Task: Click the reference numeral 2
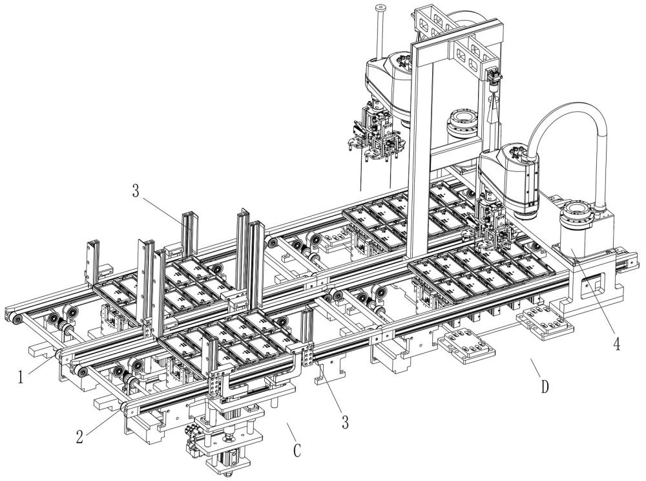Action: (80, 436)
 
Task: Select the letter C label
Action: (297, 451)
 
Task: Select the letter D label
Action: (545, 387)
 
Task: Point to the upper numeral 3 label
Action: (136, 191)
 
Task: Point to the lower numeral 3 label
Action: (345, 422)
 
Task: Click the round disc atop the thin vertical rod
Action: (381, 7)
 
